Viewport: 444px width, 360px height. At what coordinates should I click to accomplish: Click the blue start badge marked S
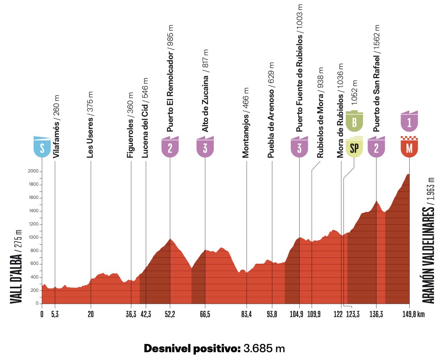pyautogui.click(x=42, y=147)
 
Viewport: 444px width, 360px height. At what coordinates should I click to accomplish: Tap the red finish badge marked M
pyautogui.click(x=409, y=147)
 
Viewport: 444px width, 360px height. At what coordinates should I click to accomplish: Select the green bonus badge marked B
pyautogui.click(x=354, y=121)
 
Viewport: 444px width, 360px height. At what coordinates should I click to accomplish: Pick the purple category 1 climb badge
pyautogui.click(x=409, y=121)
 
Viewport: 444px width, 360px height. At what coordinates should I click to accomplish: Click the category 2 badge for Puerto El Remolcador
pyautogui.click(x=170, y=147)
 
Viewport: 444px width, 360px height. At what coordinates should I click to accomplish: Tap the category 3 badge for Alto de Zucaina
pyautogui.click(x=205, y=147)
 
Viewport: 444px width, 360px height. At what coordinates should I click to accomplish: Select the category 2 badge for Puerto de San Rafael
pyautogui.click(x=377, y=147)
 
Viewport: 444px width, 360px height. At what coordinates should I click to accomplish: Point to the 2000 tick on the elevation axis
pyautogui.click(x=33, y=171)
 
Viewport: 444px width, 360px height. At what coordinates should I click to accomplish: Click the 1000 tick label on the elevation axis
pyautogui.click(x=34, y=238)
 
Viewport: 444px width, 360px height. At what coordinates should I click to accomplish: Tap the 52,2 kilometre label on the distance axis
pyautogui.click(x=170, y=314)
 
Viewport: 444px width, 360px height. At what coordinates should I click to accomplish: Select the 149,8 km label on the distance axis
pyautogui.click(x=414, y=314)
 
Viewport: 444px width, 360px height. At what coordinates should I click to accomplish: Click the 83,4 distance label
pyautogui.click(x=246, y=314)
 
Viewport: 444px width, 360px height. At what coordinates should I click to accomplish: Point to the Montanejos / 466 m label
pyautogui.click(x=245, y=122)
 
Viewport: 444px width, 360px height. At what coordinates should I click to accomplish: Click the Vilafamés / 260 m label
pyautogui.click(x=56, y=126)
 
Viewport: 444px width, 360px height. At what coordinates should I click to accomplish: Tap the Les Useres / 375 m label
pyautogui.click(x=90, y=125)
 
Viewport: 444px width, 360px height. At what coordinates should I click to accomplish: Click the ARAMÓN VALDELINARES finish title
pyautogui.click(x=428, y=240)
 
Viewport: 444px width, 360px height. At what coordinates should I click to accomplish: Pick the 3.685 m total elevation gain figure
pyautogui.click(x=264, y=348)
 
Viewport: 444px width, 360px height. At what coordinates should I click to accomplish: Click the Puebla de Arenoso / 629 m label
pyautogui.click(x=271, y=110)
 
